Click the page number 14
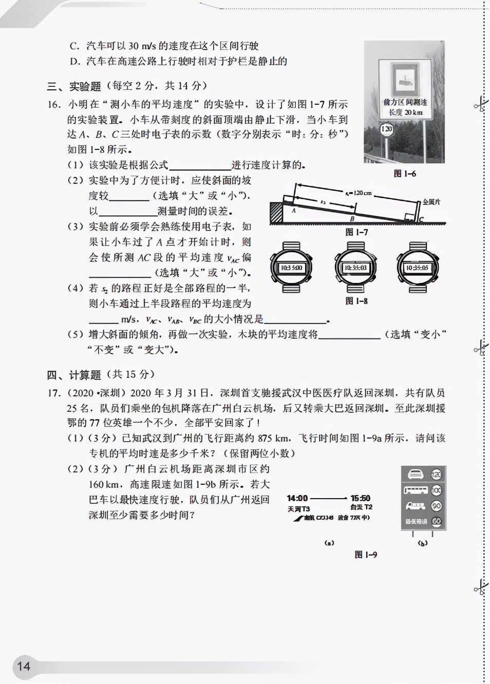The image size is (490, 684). point(24,667)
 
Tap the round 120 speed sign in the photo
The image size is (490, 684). point(386,129)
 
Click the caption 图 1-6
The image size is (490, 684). point(405,174)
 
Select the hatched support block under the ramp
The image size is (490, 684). point(276,212)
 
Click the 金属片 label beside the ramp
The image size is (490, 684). point(431,202)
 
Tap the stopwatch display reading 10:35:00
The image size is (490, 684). point(291,268)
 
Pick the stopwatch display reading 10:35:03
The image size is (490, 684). point(355,268)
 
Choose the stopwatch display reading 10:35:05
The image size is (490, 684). point(417,268)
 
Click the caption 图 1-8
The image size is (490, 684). point(356,301)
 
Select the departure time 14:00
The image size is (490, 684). point(297,498)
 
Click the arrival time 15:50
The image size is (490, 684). point(360,498)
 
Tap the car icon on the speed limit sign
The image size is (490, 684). point(415,474)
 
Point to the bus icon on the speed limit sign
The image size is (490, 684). point(415,490)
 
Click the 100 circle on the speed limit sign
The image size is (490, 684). point(436,490)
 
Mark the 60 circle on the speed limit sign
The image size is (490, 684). point(436,521)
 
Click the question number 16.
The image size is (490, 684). point(54,104)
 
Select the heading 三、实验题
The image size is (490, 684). point(74,86)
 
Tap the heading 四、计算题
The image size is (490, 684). point(74,374)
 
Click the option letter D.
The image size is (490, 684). point(74,62)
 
